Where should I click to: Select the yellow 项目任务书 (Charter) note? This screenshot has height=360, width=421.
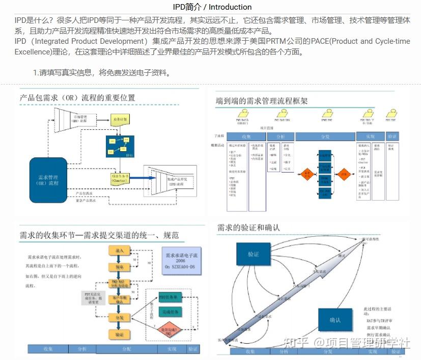coord(120,178)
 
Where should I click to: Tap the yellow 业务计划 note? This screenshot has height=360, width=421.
coord(120,119)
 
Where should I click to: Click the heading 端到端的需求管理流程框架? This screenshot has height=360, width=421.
coord(262,101)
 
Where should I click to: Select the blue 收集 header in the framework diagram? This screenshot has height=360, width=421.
coord(246,137)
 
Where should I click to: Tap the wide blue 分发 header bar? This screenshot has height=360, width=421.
coord(325,137)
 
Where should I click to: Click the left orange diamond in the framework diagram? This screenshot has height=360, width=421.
coord(307,174)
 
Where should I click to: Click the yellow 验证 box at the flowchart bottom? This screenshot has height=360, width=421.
coord(119,334)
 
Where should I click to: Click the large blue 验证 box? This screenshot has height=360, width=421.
coord(254,253)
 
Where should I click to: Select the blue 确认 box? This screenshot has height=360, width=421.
coord(335,320)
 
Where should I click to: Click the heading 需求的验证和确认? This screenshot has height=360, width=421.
coord(248,228)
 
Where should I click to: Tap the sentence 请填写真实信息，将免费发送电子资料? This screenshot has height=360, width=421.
coord(101,72)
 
